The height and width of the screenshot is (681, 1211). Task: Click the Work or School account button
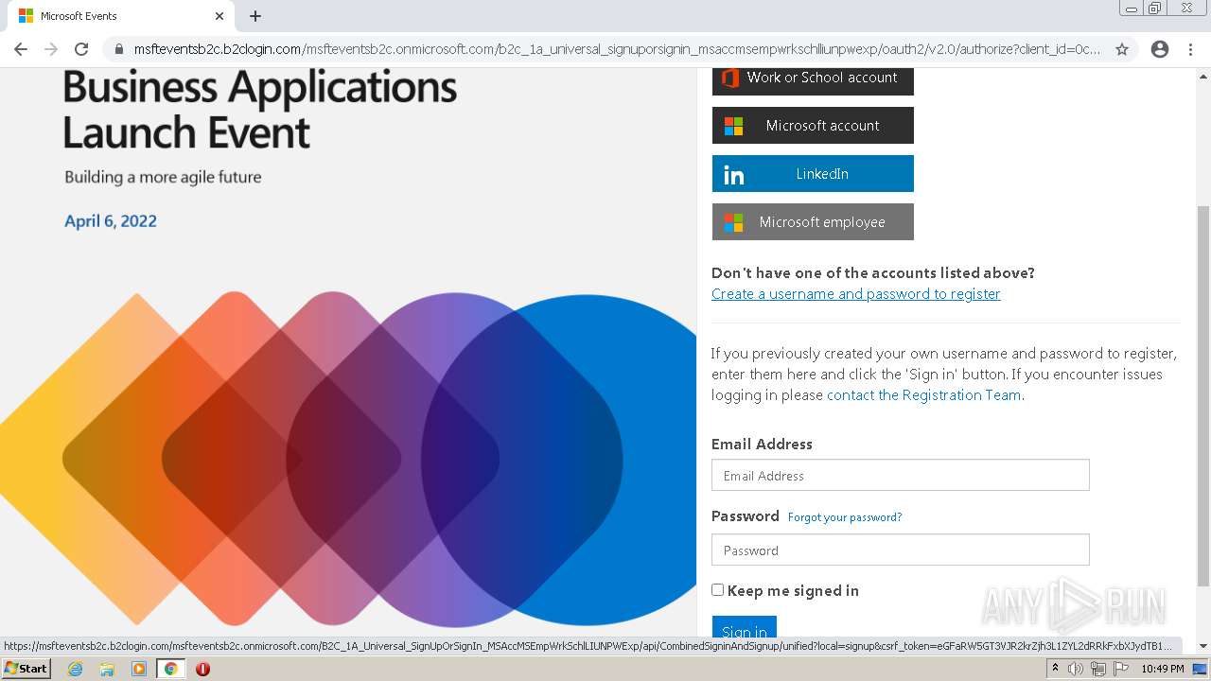[813, 79]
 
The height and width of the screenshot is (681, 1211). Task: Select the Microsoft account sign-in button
[813, 125]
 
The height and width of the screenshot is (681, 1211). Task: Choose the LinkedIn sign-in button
[813, 174]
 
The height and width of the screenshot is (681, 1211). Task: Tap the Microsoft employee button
[813, 222]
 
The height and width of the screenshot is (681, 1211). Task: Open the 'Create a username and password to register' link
[855, 294]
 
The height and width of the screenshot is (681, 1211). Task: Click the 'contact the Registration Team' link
[923, 395]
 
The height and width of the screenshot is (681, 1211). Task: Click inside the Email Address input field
[900, 475]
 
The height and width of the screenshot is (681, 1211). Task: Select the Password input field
[900, 550]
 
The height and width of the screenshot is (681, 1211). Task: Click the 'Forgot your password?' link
[844, 517]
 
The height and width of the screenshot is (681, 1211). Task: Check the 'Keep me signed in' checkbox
[718, 590]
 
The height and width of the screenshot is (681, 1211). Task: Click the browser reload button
[81, 49]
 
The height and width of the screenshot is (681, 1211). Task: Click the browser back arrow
[21, 49]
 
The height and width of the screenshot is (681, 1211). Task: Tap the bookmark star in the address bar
[1122, 49]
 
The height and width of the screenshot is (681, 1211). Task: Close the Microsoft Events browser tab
[219, 16]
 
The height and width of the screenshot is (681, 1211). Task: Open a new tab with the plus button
[255, 16]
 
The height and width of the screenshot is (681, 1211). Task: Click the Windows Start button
[26, 669]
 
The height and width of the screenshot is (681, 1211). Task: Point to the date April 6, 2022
[111, 221]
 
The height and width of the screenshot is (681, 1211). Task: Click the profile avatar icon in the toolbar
[1160, 49]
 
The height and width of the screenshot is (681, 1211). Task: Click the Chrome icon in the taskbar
[170, 669]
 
